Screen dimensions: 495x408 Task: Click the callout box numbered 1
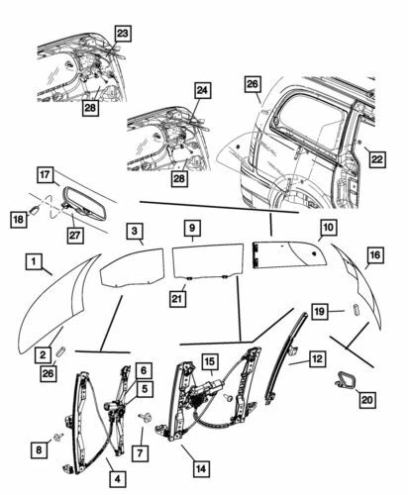[34, 262]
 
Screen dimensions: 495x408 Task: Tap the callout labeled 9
[192, 228]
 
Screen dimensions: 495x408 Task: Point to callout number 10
[326, 228]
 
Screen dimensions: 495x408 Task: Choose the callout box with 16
[373, 256]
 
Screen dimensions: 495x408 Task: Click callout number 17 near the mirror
[46, 174]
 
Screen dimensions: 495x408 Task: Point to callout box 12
[318, 360]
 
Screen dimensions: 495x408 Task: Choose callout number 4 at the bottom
[117, 479]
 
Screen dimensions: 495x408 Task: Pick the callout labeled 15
[212, 361]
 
